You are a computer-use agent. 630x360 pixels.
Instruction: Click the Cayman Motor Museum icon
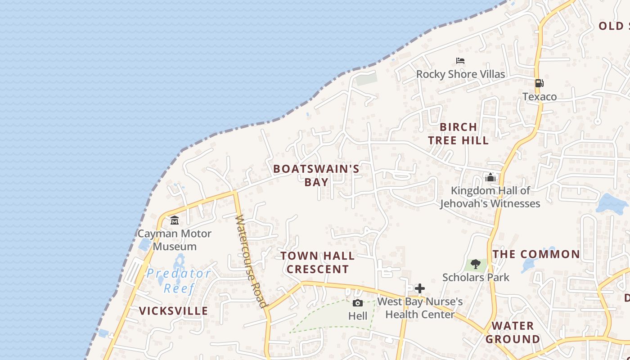click(x=175, y=220)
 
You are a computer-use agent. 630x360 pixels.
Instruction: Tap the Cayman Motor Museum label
click(x=174, y=240)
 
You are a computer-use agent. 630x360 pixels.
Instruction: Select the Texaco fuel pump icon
click(x=539, y=83)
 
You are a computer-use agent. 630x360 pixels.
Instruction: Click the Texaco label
click(x=539, y=96)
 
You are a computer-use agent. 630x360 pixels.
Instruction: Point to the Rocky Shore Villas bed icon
click(x=460, y=61)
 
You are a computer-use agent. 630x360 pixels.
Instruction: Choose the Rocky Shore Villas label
click(x=460, y=74)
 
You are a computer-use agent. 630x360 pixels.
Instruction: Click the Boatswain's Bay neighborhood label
click(x=316, y=175)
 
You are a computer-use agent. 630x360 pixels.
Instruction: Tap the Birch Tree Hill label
click(x=458, y=134)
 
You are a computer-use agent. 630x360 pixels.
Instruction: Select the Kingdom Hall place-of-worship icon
click(x=490, y=177)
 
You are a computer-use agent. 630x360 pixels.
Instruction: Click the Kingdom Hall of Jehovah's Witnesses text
click(x=490, y=197)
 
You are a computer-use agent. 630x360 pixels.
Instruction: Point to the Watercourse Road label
click(x=251, y=261)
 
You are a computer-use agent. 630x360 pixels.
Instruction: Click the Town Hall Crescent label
click(x=318, y=262)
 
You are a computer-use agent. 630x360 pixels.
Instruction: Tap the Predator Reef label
click(x=179, y=280)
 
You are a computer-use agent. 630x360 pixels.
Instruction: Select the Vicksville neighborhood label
click(x=173, y=310)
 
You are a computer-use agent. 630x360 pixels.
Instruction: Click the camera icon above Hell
click(x=358, y=303)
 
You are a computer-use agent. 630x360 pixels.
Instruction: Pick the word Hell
click(x=358, y=316)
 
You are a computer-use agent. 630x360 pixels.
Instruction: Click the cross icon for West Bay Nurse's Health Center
click(x=420, y=288)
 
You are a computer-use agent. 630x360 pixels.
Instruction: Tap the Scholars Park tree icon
click(x=475, y=264)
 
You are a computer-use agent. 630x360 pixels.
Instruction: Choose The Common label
click(x=536, y=254)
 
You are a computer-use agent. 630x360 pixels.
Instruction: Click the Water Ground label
click(x=513, y=332)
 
